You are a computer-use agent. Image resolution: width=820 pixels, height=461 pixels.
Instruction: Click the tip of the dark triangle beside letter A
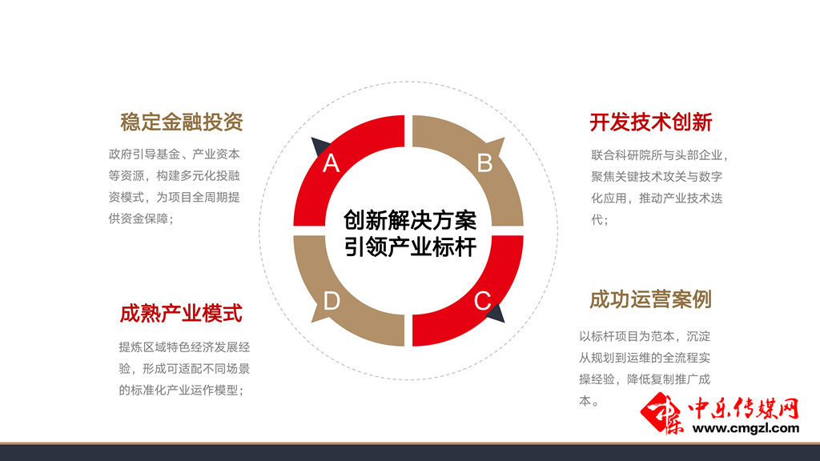click(312, 138)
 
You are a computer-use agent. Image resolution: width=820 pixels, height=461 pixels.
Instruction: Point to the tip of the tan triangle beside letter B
click(504, 138)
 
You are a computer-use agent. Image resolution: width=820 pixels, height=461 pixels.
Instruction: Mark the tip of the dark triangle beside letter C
click(504, 323)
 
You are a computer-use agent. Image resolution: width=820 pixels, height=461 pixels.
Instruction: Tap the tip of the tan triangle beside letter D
click(312, 323)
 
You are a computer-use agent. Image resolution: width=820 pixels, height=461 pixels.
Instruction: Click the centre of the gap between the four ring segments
click(408, 230)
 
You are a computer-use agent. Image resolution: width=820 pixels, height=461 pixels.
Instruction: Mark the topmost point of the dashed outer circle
click(408, 82)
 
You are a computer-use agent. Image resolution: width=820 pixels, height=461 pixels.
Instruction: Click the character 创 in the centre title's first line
click(354, 221)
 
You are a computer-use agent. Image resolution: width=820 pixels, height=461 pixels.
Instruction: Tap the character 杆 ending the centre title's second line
click(465, 247)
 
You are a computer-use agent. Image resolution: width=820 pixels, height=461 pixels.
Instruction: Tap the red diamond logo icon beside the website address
click(662, 414)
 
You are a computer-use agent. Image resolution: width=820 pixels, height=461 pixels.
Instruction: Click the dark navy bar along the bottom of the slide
click(410, 453)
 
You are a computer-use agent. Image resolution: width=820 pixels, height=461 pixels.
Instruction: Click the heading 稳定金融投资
click(182, 122)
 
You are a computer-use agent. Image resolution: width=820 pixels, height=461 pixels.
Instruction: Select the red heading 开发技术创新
click(651, 122)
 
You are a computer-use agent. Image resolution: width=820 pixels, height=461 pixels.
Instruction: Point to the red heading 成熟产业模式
click(181, 314)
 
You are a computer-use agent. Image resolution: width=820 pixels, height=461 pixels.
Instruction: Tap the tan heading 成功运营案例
click(650, 299)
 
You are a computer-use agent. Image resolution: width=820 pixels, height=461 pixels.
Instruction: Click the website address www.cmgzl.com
click(746, 429)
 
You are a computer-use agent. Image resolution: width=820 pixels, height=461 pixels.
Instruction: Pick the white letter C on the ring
click(482, 301)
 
